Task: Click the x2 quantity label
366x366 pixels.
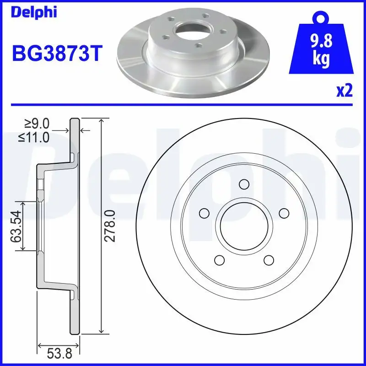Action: coord(344,91)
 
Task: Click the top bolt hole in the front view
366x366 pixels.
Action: coord(244,184)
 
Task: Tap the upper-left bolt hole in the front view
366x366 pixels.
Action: coord(204,213)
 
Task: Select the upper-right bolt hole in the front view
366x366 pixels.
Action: coord(284,213)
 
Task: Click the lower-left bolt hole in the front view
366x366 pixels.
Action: coord(219,260)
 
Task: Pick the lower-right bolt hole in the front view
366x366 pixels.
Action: coord(269,260)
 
